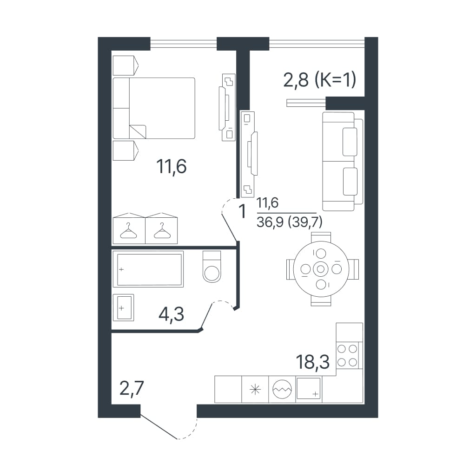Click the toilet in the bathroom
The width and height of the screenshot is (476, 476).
[x=212, y=267]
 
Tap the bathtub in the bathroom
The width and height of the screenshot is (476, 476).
[x=148, y=269]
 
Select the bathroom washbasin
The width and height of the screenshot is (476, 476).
[x=123, y=307]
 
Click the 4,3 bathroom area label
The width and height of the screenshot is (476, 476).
[x=172, y=314]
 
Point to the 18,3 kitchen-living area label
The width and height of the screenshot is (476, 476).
[x=312, y=362]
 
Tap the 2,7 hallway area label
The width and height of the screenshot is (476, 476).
[x=132, y=388]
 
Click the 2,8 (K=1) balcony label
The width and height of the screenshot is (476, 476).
[x=319, y=80]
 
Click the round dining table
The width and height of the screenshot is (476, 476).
[x=321, y=269]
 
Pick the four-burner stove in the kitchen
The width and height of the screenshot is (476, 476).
[x=347, y=355]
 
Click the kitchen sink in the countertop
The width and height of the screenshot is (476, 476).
[x=309, y=388]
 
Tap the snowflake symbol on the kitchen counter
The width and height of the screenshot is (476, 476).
[x=255, y=390]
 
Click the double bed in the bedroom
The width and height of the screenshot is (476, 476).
[x=154, y=108]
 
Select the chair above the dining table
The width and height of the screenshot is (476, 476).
[x=321, y=237]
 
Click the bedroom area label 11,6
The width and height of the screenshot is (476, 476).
[x=172, y=167]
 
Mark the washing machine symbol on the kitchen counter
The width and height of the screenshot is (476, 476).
[x=282, y=389]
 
